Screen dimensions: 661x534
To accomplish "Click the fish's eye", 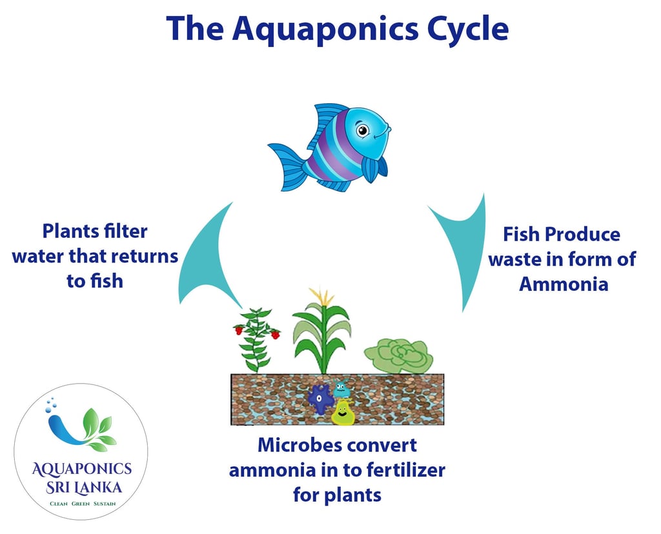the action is [x=362, y=130].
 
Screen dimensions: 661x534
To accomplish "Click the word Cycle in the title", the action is [x=467, y=28].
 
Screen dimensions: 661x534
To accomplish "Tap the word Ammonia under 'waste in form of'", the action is [x=564, y=284].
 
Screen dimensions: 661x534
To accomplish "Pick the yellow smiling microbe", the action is [x=343, y=413].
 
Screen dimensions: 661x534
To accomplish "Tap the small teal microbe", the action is [x=341, y=389].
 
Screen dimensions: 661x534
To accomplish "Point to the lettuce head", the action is [x=398, y=356].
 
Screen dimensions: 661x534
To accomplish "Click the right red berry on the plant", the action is [x=275, y=335].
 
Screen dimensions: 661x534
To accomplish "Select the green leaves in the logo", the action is [x=98, y=429].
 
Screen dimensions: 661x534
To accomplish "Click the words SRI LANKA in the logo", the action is [x=84, y=488].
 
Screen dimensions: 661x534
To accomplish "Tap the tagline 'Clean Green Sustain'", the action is [x=83, y=504].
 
